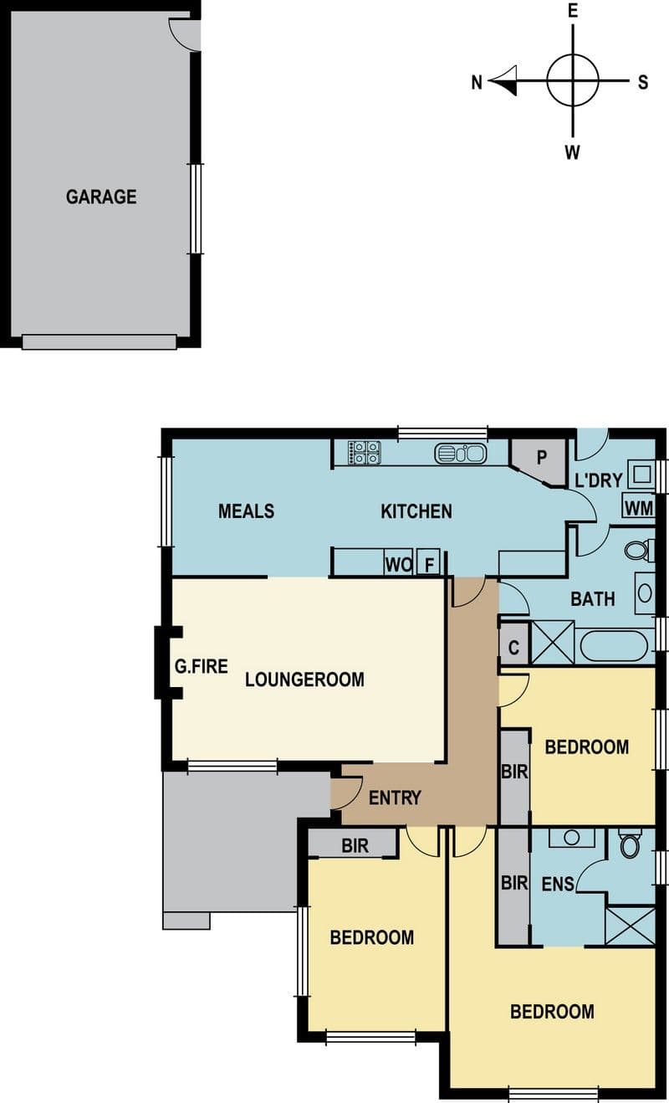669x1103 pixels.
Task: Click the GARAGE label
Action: tap(101, 197)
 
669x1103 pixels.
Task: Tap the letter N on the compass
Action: tap(477, 82)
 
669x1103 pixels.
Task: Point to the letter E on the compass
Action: tap(573, 11)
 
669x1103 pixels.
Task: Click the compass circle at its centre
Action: tap(573, 80)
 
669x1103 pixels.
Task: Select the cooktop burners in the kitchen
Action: tap(365, 452)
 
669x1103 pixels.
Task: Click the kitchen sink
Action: tap(461, 453)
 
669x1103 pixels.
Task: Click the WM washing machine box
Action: tap(639, 507)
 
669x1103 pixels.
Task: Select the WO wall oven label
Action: tap(398, 564)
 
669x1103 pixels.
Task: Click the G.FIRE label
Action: tap(202, 667)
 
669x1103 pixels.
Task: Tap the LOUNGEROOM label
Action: tap(304, 680)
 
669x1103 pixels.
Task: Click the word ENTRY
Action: tap(395, 798)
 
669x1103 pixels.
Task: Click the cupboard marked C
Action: tap(514, 646)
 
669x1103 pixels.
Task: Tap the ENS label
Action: tap(558, 884)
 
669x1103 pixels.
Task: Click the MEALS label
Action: tap(246, 511)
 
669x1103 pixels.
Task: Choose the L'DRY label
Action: tap(599, 480)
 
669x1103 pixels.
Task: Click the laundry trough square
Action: tap(641, 475)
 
